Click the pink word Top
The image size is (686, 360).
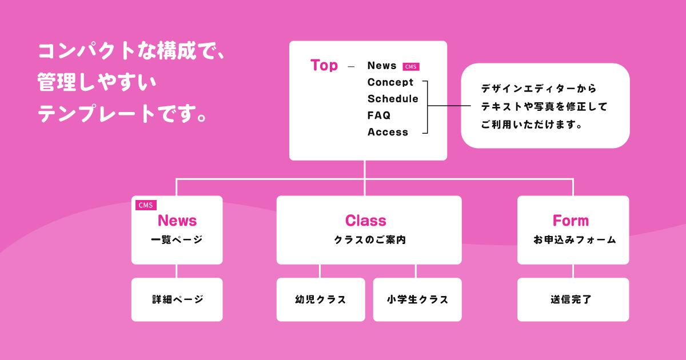click(324, 65)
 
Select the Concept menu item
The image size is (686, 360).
click(390, 82)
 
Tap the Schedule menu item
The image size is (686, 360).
click(393, 99)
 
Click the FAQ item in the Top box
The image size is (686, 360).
click(379, 115)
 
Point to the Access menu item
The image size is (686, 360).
click(388, 132)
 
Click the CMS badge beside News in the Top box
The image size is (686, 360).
click(411, 66)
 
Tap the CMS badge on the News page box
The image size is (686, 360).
click(146, 205)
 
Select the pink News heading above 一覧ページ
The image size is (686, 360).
click(177, 221)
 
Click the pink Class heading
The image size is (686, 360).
click(366, 221)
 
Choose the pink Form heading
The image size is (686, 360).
click(571, 221)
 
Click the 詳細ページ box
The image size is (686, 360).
click(177, 299)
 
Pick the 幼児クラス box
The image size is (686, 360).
click(321, 299)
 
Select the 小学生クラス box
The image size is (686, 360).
click(417, 299)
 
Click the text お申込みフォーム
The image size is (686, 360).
click(574, 241)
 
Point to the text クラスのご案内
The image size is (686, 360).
click(369, 241)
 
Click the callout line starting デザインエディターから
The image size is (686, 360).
click(538, 89)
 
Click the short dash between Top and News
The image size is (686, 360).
click(351, 67)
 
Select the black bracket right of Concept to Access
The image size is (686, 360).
click(426, 107)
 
